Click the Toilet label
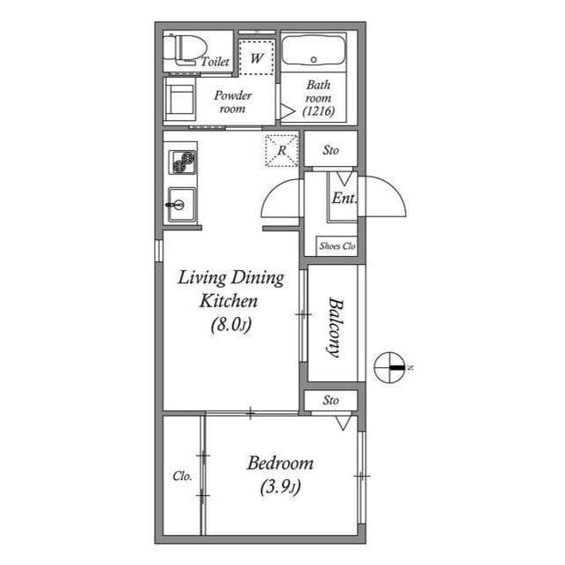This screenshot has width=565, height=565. click(215, 62)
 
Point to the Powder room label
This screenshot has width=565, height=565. click(233, 102)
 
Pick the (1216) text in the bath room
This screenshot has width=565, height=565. click(318, 112)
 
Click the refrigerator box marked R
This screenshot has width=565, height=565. click(281, 149)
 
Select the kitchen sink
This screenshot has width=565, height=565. click(181, 205)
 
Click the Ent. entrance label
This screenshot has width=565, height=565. click(343, 199)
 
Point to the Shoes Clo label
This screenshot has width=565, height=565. click(336, 246)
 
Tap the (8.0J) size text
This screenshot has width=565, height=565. click(231, 324)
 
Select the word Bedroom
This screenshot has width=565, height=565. click(280, 463)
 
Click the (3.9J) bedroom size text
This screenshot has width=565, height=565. click(280, 486)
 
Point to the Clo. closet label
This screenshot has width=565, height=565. click(182, 476)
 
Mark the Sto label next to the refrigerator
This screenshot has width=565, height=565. click(330, 150)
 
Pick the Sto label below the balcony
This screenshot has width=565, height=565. click(330, 400)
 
